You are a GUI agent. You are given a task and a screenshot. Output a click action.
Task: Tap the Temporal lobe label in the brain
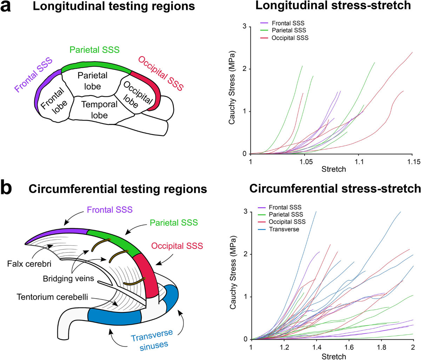(99, 110)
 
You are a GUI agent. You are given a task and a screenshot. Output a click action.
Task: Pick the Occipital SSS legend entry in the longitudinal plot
(290, 38)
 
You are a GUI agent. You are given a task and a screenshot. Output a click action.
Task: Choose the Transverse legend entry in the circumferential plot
(284, 229)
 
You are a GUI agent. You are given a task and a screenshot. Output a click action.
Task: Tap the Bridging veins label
(69, 279)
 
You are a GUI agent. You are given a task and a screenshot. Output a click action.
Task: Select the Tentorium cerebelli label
(52, 297)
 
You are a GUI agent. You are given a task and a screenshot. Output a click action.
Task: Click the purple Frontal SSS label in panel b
(110, 210)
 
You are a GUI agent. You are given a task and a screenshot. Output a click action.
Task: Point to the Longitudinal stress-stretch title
(333, 6)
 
